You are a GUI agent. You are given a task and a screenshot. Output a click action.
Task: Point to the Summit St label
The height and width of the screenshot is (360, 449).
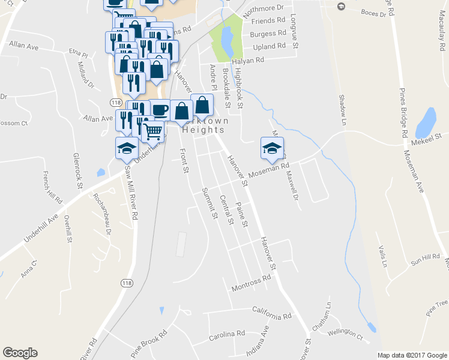[x=209, y=203]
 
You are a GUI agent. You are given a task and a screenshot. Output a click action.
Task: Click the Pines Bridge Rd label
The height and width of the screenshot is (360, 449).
[x=403, y=113]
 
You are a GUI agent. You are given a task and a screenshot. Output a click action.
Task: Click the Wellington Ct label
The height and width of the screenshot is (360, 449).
[x=346, y=333]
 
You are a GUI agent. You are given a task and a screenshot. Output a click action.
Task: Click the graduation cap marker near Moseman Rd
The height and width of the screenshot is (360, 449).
[x=272, y=148]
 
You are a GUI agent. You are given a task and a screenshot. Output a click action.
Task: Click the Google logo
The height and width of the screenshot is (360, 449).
[x=20, y=353]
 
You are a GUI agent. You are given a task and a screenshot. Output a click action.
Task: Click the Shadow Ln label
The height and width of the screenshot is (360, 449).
[x=343, y=106]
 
